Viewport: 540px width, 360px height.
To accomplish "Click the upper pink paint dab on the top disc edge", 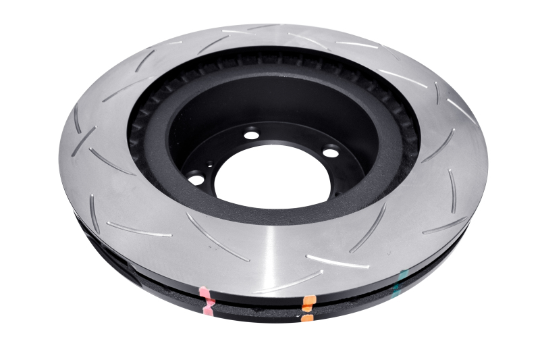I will (x=205, y=294).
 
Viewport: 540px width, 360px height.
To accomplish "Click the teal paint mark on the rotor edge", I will (x=403, y=278).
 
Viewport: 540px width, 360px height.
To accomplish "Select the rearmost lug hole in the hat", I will (x=251, y=134).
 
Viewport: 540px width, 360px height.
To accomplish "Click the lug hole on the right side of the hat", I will (x=331, y=153).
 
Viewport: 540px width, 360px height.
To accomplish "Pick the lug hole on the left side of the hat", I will (x=196, y=179).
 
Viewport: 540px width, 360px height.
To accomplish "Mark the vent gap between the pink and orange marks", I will (x=256, y=305).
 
